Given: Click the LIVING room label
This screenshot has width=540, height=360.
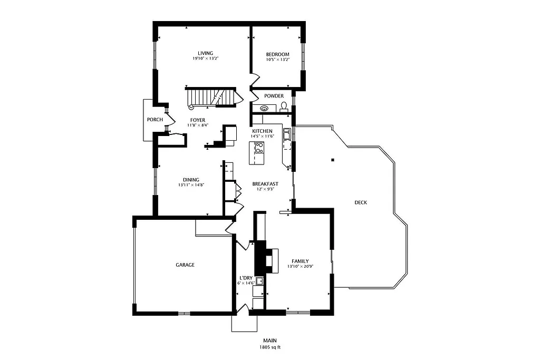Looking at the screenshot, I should click(205, 53).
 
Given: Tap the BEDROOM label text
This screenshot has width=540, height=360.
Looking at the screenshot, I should click(277, 54).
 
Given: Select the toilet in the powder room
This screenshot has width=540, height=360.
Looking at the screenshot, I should click(284, 107).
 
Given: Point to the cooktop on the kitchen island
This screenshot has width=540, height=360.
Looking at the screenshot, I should click(258, 148).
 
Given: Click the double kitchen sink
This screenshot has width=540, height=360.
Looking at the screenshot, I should click(287, 135).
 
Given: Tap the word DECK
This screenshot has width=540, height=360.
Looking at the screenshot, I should click(361, 202).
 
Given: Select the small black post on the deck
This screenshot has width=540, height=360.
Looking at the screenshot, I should click(333, 160).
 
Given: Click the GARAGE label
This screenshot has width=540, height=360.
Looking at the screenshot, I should click(185, 265).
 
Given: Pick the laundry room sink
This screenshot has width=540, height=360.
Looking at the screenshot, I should click(259, 281).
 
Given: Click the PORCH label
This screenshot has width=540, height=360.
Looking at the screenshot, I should click(155, 120).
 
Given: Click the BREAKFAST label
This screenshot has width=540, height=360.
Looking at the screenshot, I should click(265, 184).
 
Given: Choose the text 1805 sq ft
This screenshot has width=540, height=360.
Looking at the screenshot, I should click(269, 347).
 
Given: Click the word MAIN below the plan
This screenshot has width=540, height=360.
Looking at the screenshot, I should click(269, 340).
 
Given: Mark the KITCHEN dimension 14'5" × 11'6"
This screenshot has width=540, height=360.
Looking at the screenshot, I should click(262, 136).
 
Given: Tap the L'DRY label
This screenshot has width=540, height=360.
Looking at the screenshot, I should click(246, 278).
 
